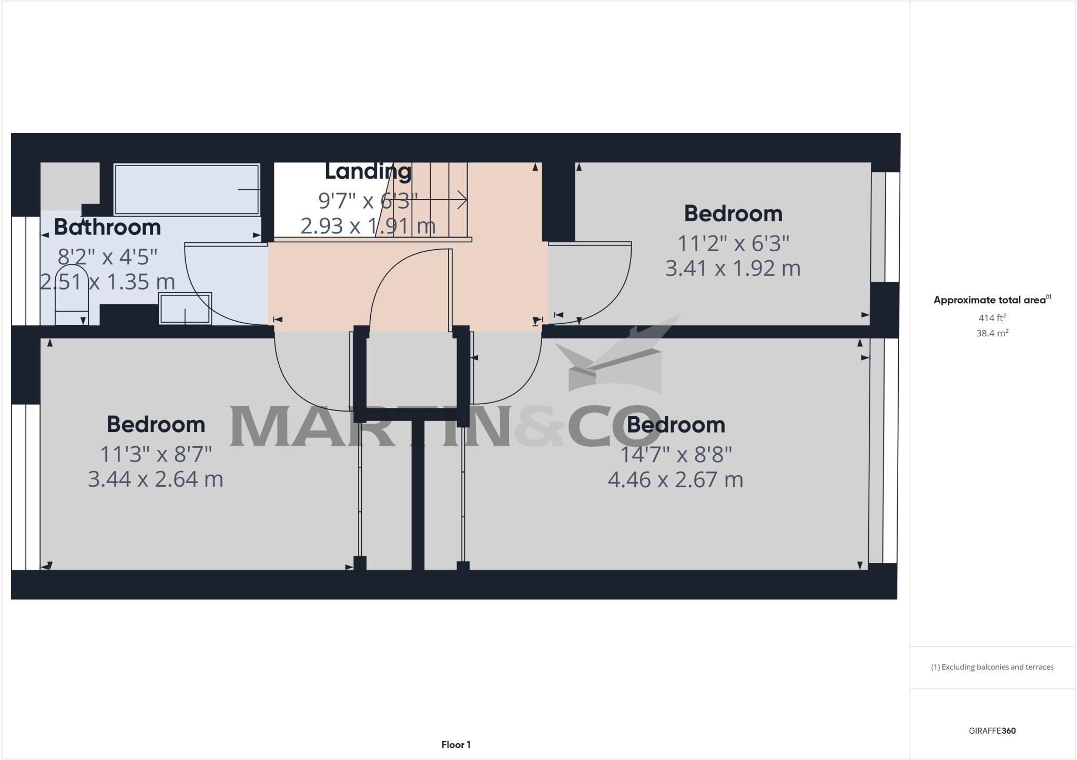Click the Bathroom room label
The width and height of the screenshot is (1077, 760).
(x=107, y=227)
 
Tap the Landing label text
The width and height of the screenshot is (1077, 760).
(x=368, y=171)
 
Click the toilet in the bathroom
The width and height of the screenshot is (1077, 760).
(x=72, y=307)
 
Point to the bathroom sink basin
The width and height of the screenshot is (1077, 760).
(x=185, y=309)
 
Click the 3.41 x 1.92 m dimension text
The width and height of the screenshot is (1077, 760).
(x=733, y=269)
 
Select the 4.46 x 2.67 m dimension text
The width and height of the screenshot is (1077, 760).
(x=675, y=480)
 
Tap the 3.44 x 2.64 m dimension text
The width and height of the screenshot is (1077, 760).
(x=155, y=479)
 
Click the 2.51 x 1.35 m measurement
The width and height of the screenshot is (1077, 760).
(x=107, y=282)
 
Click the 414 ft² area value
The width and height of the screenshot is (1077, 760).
(x=992, y=318)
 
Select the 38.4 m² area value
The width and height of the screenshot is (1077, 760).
(x=992, y=333)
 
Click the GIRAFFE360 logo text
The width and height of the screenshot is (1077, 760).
(x=992, y=731)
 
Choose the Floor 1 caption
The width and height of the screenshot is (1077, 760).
(x=456, y=745)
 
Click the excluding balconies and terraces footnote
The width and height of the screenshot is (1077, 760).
(x=992, y=667)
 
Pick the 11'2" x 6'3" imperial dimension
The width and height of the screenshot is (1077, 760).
(x=733, y=243)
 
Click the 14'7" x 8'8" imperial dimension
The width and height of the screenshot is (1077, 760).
(x=676, y=455)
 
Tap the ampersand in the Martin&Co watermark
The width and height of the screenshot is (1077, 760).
(x=539, y=426)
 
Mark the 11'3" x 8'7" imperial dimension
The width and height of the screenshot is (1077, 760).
(x=156, y=454)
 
